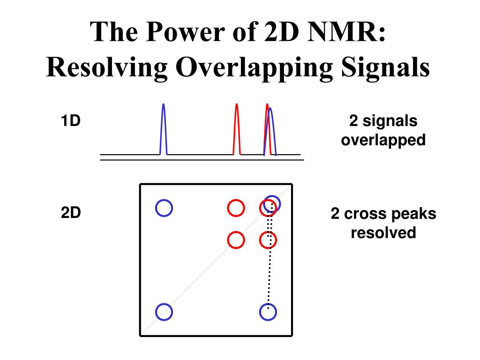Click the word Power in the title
185,31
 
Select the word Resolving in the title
107,67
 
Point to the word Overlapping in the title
254,68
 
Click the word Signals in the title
385,67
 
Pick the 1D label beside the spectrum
71,120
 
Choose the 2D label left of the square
71,212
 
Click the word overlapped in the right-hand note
383,140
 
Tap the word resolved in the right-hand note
383,232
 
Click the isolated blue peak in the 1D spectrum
164,129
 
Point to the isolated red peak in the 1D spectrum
237,129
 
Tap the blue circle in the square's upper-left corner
164,208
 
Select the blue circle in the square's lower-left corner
164,312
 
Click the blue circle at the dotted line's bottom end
268,312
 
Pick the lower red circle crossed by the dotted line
268,240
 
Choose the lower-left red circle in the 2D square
236,240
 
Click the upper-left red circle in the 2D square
236,208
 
